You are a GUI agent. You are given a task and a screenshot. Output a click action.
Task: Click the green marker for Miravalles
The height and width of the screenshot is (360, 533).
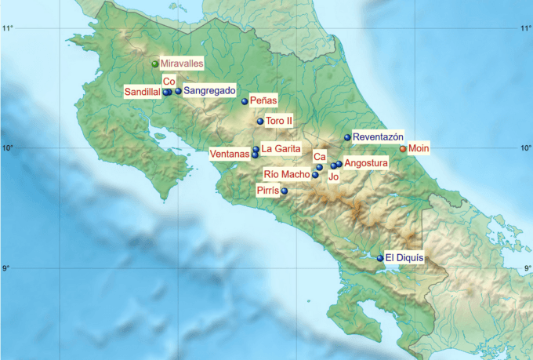click(x=155, y=64)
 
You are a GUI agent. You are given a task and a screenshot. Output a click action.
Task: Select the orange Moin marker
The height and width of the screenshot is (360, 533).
click(x=403, y=148)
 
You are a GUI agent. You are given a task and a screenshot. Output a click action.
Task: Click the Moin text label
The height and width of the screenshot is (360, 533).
click(x=420, y=148)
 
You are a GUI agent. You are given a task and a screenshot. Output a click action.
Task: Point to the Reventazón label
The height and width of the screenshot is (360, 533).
click(x=378, y=136)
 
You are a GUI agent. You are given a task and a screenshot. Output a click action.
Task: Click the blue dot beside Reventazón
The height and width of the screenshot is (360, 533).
click(x=347, y=137)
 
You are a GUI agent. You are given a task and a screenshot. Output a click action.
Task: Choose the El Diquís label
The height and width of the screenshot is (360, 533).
click(x=404, y=257)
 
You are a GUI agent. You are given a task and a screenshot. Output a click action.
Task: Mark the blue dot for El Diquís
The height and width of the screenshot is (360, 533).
click(x=380, y=258)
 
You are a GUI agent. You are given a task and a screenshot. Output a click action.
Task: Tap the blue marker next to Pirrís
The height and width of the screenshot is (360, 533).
click(x=285, y=191)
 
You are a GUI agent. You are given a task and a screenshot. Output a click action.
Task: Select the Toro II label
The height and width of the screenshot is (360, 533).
click(x=279, y=122)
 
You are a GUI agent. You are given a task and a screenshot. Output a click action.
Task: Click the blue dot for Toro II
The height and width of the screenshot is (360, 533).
click(x=260, y=122)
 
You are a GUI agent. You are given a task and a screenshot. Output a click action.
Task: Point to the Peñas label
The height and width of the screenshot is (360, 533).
click(x=263, y=101)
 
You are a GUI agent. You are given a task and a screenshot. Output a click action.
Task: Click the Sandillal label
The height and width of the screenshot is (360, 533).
click(x=142, y=92)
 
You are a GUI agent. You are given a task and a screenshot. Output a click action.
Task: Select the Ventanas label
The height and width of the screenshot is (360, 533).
click(x=229, y=155)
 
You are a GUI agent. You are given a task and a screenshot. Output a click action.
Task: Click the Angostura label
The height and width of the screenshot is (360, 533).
click(x=366, y=163)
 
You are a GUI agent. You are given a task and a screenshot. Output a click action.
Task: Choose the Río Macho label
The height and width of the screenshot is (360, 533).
click(x=286, y=174)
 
